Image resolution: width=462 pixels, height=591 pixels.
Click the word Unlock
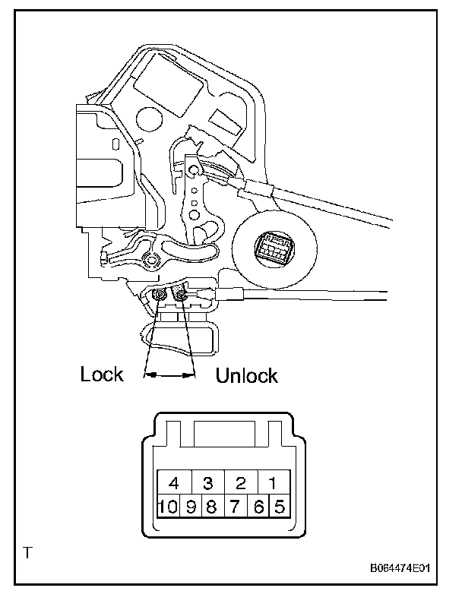[247, 375]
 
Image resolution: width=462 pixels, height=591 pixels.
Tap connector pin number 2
[241, 482]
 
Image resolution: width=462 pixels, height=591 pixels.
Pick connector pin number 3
[207, 482]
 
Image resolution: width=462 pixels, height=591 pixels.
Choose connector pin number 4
[174, 482]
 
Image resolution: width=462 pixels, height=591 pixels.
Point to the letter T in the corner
[28, 552]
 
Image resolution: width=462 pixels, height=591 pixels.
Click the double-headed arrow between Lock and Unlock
[169, 375]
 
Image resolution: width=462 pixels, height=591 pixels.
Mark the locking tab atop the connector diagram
[224, 435]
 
